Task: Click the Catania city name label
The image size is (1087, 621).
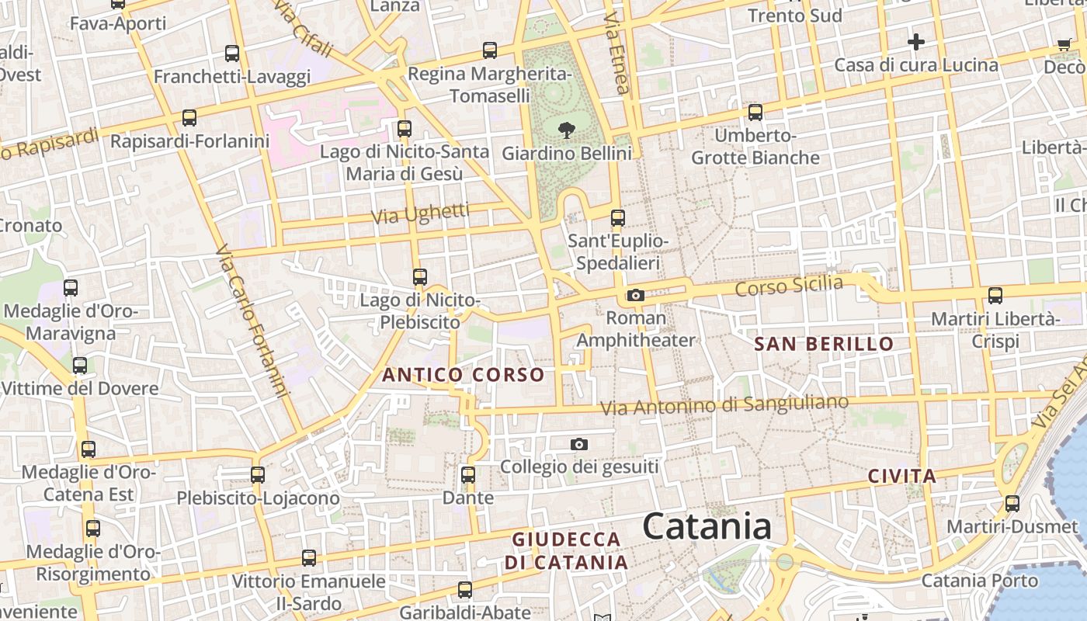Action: pyautogui.click(x=707, y=527)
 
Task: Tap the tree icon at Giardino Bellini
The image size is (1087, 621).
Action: pyautogui.click(x=566, y=130)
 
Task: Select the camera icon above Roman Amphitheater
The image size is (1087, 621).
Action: pyautogui.click(x=635, y=295)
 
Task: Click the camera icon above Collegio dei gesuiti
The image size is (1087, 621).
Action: pyautogui.click(x=578, y=444)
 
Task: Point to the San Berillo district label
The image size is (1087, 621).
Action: pyautogui.click(x=824, y=344)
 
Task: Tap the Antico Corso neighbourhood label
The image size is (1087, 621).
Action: pyautogui.click(x=463, y=375)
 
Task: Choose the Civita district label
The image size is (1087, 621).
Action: pyautogui.click(x=901, y=477)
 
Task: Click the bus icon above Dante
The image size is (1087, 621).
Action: pyautogui.click(x=467, y=474)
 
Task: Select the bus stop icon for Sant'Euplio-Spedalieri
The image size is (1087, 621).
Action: pyautogui.click(x=617, y=218)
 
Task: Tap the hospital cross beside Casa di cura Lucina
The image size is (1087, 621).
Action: pyautogui.click(x=916, y=41)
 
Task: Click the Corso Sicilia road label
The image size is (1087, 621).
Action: pyautogui.click(x=788, y=286)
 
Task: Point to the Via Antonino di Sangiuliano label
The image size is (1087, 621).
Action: pyautogui.click(x=725, y=405)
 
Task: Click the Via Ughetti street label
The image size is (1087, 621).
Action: pyautogui.click(x=421, y=213)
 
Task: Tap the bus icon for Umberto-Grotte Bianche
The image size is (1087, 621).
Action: pyautogui.click(x=755, y=113)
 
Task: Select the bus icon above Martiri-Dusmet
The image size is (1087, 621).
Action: pyautogui.click(x=1012, y=503)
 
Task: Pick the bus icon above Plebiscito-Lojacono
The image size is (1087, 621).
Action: pyautogui.click(x=257, y=474)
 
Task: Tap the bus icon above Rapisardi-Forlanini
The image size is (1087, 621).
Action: pyautogui.click(x=189, y=118)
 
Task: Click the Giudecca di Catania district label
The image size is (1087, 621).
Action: pyautogui.click(x=566, y=550)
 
